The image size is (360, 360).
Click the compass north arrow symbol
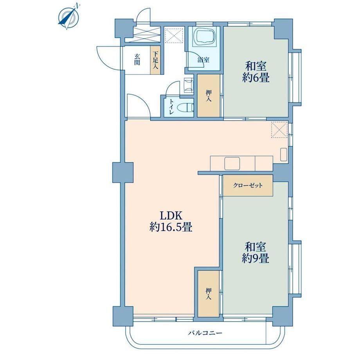(69, 17)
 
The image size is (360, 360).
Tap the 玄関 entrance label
(137, 59)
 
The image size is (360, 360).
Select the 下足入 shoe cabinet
(155, 60)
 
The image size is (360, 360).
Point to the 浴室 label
(203, 60)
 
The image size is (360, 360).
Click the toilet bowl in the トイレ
(189, 107)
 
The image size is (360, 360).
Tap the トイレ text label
(171, 107)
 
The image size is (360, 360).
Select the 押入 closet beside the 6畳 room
(209, 96)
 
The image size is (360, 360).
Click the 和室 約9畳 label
(255, 253)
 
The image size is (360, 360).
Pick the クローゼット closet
(248, 185)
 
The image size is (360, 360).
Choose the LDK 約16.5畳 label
(171, 221)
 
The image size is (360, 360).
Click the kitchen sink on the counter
(232, 164)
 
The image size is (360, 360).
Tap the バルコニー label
(205, 333)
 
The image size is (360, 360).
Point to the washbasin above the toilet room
(189, 85)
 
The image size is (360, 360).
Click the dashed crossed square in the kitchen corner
(279, 130)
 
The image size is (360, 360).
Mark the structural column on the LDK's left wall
(123, 172)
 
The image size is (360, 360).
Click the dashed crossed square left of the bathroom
(175, 35)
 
